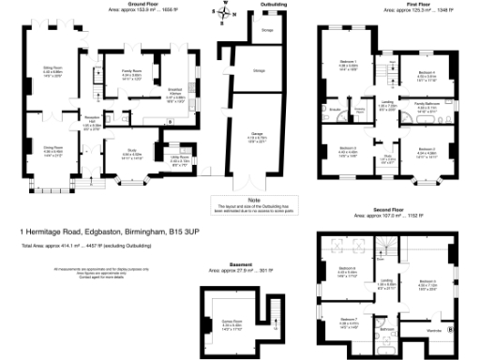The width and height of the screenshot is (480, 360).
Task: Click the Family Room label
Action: click(x=130, y=70)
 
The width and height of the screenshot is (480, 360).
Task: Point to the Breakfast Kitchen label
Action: click(x=175, y=91)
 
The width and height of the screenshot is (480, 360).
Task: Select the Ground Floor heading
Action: click(x=115, y=5)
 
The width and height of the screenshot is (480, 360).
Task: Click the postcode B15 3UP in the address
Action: click(x=187, y=230)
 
